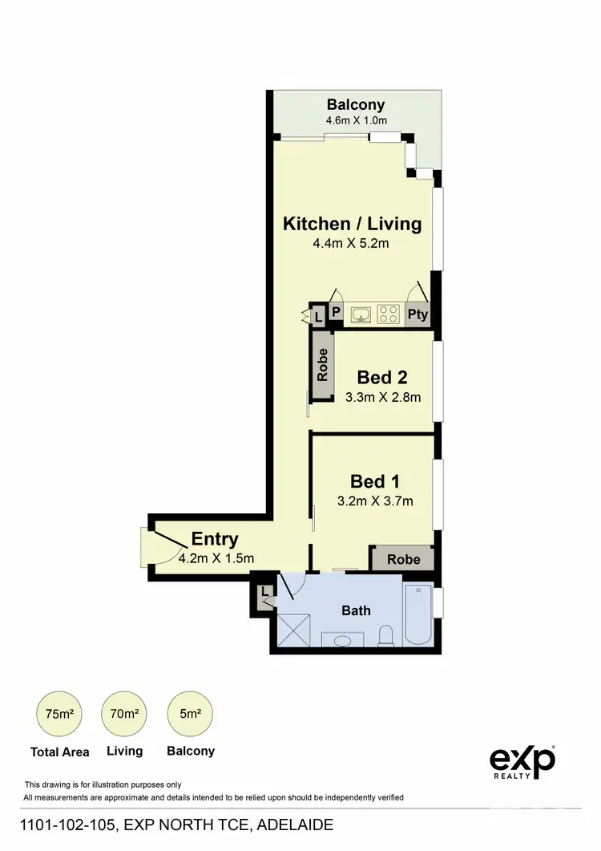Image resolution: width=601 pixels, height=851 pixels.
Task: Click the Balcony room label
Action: pos(356,104)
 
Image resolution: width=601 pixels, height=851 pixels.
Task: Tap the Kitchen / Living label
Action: pos(352,224)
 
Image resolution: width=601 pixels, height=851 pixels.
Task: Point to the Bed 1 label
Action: pos(375,481)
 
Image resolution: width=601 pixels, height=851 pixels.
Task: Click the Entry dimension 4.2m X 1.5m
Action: pos(216,558)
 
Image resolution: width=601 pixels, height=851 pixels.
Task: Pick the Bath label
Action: pos(356,610)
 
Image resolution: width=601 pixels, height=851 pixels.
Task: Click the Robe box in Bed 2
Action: pos(323,365)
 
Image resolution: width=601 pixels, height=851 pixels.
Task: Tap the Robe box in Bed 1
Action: pos(403,559)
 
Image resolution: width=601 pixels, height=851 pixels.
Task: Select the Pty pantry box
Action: pos(417,314)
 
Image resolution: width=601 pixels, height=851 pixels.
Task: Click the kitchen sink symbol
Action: pos(361,314)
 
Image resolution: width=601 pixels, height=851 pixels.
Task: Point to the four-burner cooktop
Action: pos(389,314)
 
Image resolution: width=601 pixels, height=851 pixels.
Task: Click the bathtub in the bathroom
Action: pos(418,615)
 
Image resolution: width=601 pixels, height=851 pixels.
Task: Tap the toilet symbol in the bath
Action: pos(386,636)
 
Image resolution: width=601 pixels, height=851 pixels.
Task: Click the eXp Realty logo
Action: pos(522,761)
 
